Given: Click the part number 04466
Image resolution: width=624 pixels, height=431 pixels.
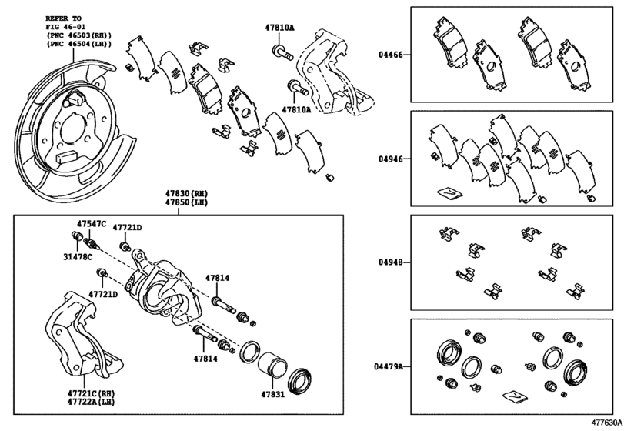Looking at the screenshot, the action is tap(391, 55).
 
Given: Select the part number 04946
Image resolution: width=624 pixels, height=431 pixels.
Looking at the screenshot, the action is tap(391, 159).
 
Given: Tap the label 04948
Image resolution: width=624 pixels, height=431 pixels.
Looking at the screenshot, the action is tap(391, 262).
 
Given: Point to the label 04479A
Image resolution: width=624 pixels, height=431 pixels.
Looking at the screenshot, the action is tap(389, 366).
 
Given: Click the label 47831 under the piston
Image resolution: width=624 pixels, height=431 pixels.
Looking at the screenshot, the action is tap(273, 394).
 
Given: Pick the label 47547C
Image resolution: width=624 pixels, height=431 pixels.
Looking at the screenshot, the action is tap(92, 224).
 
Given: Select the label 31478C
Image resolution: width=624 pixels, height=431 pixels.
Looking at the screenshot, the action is tap(78, 257).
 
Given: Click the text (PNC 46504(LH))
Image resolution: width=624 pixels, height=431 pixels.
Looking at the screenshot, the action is tap(78, 44).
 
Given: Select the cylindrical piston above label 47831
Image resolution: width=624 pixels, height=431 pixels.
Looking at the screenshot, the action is tap(272, 364).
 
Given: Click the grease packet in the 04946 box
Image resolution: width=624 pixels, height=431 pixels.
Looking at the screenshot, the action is tap(449, 192).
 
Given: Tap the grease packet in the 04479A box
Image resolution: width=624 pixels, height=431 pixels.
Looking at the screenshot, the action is tap(515, 397).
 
